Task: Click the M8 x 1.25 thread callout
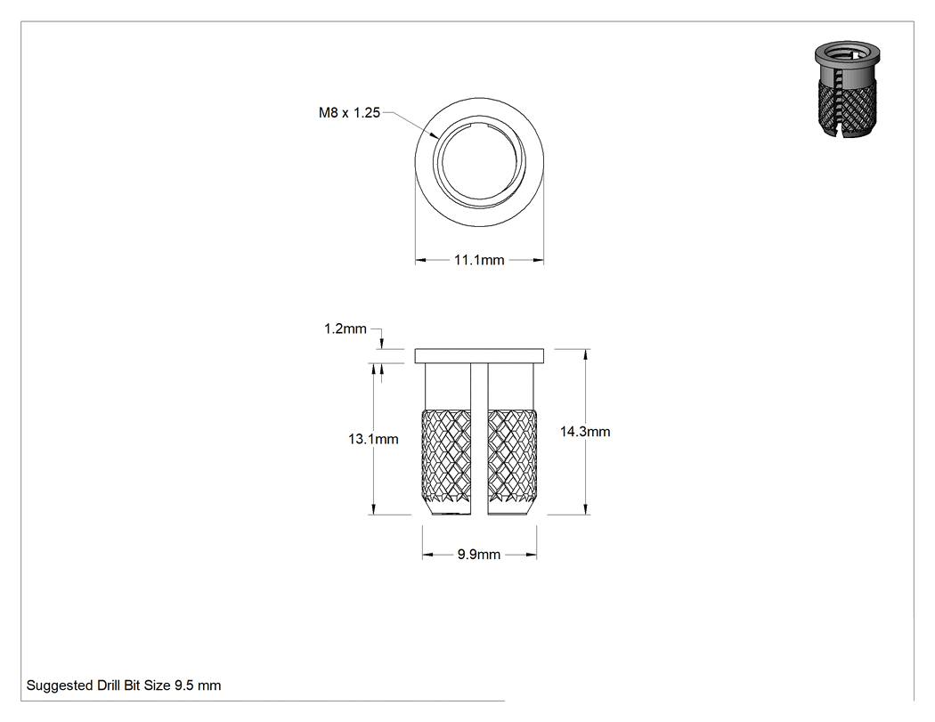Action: pyautogui.click(x=349, y=113)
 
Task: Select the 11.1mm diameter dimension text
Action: pyautogui.click(x=479, y=260)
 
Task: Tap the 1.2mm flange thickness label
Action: pyautogui.click(x=345, y=329)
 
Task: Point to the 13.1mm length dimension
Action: pyautogui.click(x=373, y=440)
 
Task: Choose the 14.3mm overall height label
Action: pyautogui.click(x=585, y=432)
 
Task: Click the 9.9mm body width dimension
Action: pyautogui.click(x=479, y=555)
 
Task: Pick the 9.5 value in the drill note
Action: pyautogui.click(x=184, y=685)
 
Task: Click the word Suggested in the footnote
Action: pyautogui.click(x=60, y=685)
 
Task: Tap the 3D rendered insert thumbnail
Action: pyautogui.click(x=847, y=89)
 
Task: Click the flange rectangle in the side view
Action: pyautogui.click(x=479, y=356)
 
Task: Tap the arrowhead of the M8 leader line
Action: pyautogui.click(x=434, y=134)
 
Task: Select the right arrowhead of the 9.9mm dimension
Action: pyautogui.click(x=532, y=555)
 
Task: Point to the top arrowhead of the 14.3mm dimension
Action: pyautogui.click(x=586, y=354)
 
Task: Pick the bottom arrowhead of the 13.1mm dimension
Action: pyautogui.click(x=374, y=509)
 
